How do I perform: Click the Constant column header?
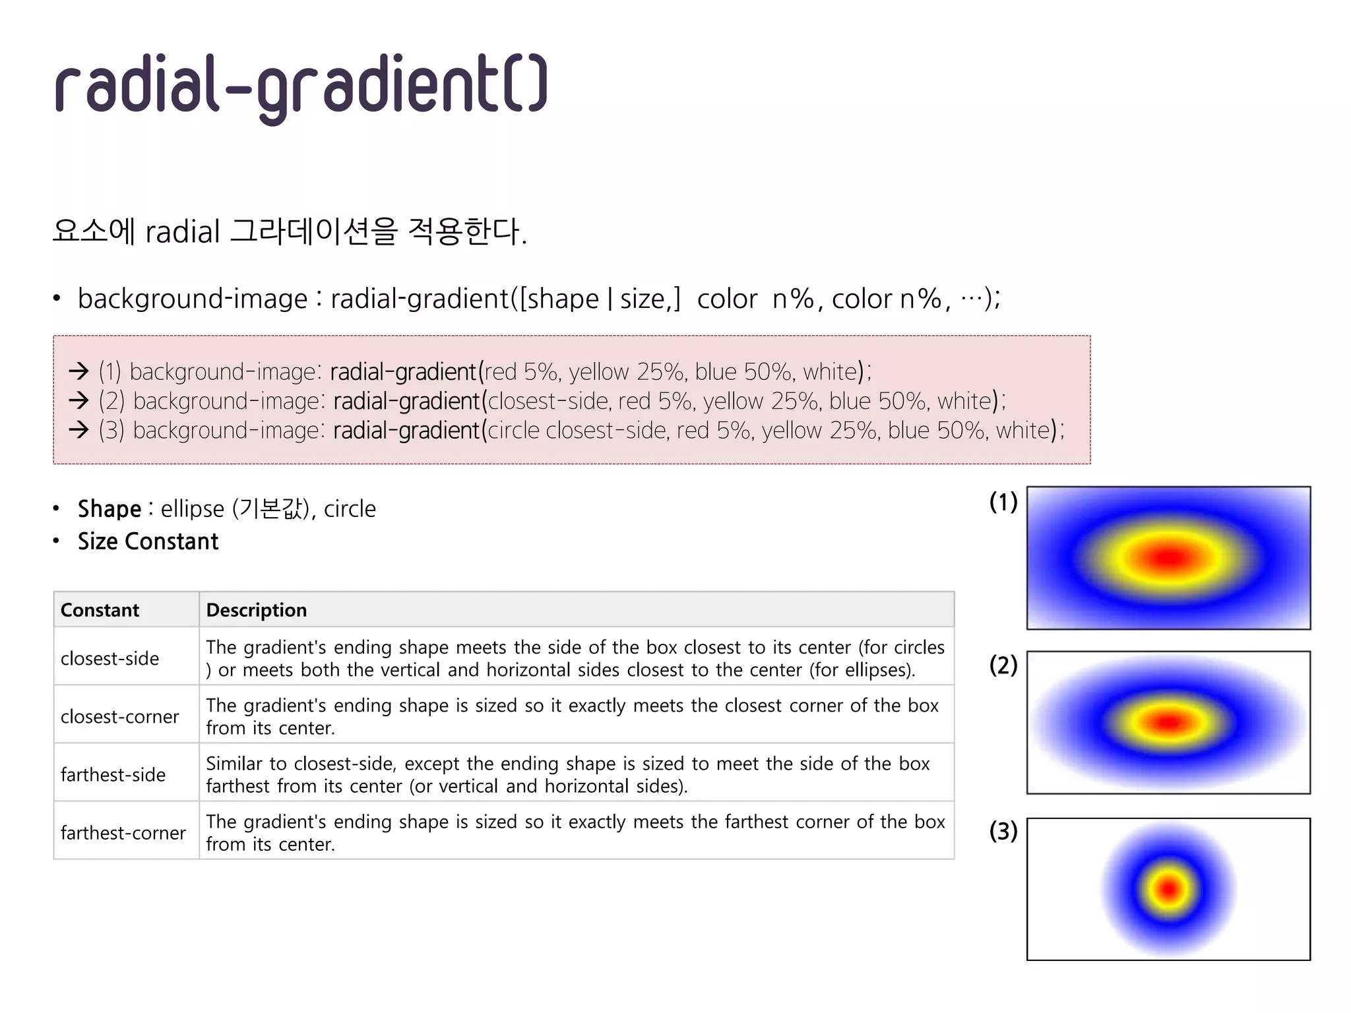100,610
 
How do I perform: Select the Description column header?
256,610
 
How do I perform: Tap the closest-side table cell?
110,658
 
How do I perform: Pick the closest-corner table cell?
119,716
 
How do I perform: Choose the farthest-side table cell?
113,774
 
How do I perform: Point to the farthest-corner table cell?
123,832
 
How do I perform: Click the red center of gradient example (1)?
1168,559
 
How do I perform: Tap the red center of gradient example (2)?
1168,722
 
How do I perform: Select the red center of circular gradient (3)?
1168,889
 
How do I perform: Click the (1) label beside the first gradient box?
1003,503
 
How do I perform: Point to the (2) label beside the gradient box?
1003,665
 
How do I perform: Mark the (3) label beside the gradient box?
1003,831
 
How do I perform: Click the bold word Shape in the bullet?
110,509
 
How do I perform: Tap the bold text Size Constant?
148,541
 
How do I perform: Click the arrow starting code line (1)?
79,371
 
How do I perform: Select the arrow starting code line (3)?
79,430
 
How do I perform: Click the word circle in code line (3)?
513,430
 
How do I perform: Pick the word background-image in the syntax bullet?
193,299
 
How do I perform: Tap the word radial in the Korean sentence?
182,232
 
